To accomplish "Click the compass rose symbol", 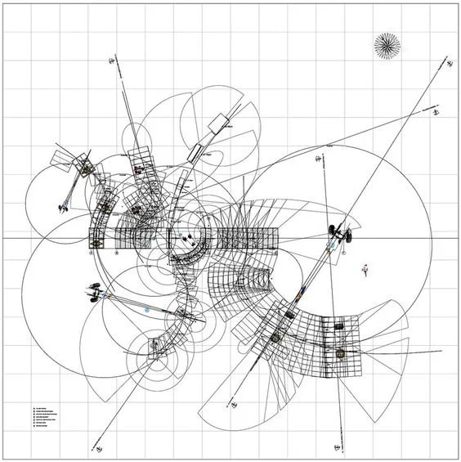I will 386,46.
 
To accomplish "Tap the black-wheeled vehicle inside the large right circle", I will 339,234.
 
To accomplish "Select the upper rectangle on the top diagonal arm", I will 222,122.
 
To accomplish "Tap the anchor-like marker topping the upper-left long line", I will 112,60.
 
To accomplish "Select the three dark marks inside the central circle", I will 187,238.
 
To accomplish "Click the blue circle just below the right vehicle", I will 331,245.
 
